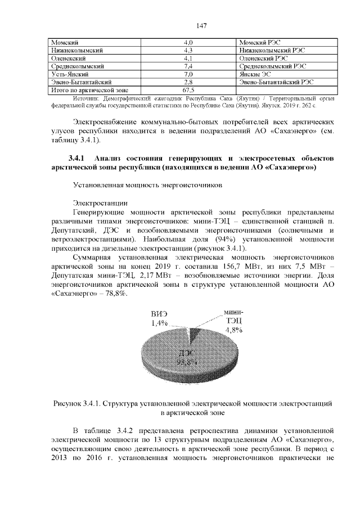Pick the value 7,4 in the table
(188, 66)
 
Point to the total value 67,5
(188, 90)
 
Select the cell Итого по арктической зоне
(82, 90)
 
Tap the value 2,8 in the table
(188, 82)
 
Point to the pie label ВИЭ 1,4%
(159, 319)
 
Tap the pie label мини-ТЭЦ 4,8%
(233, 321)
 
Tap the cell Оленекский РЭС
(263, 58)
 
